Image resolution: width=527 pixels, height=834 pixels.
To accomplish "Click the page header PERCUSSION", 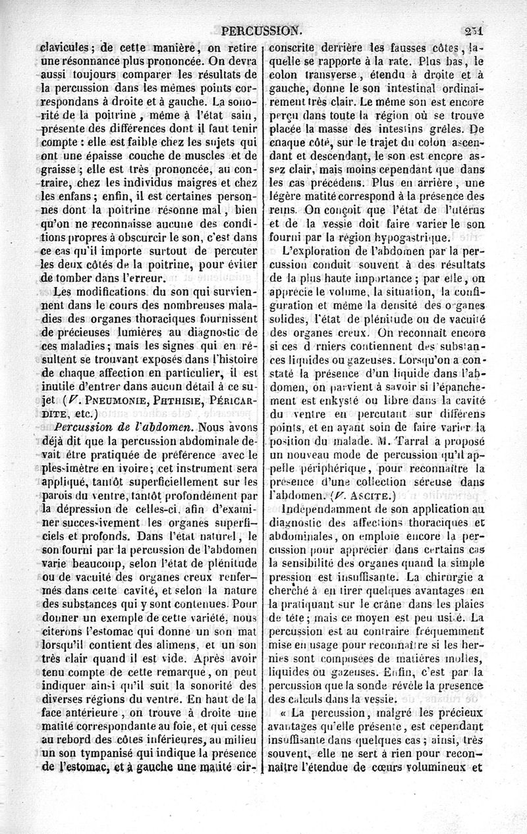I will point(262,30).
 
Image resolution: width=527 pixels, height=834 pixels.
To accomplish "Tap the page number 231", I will point(473,30).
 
